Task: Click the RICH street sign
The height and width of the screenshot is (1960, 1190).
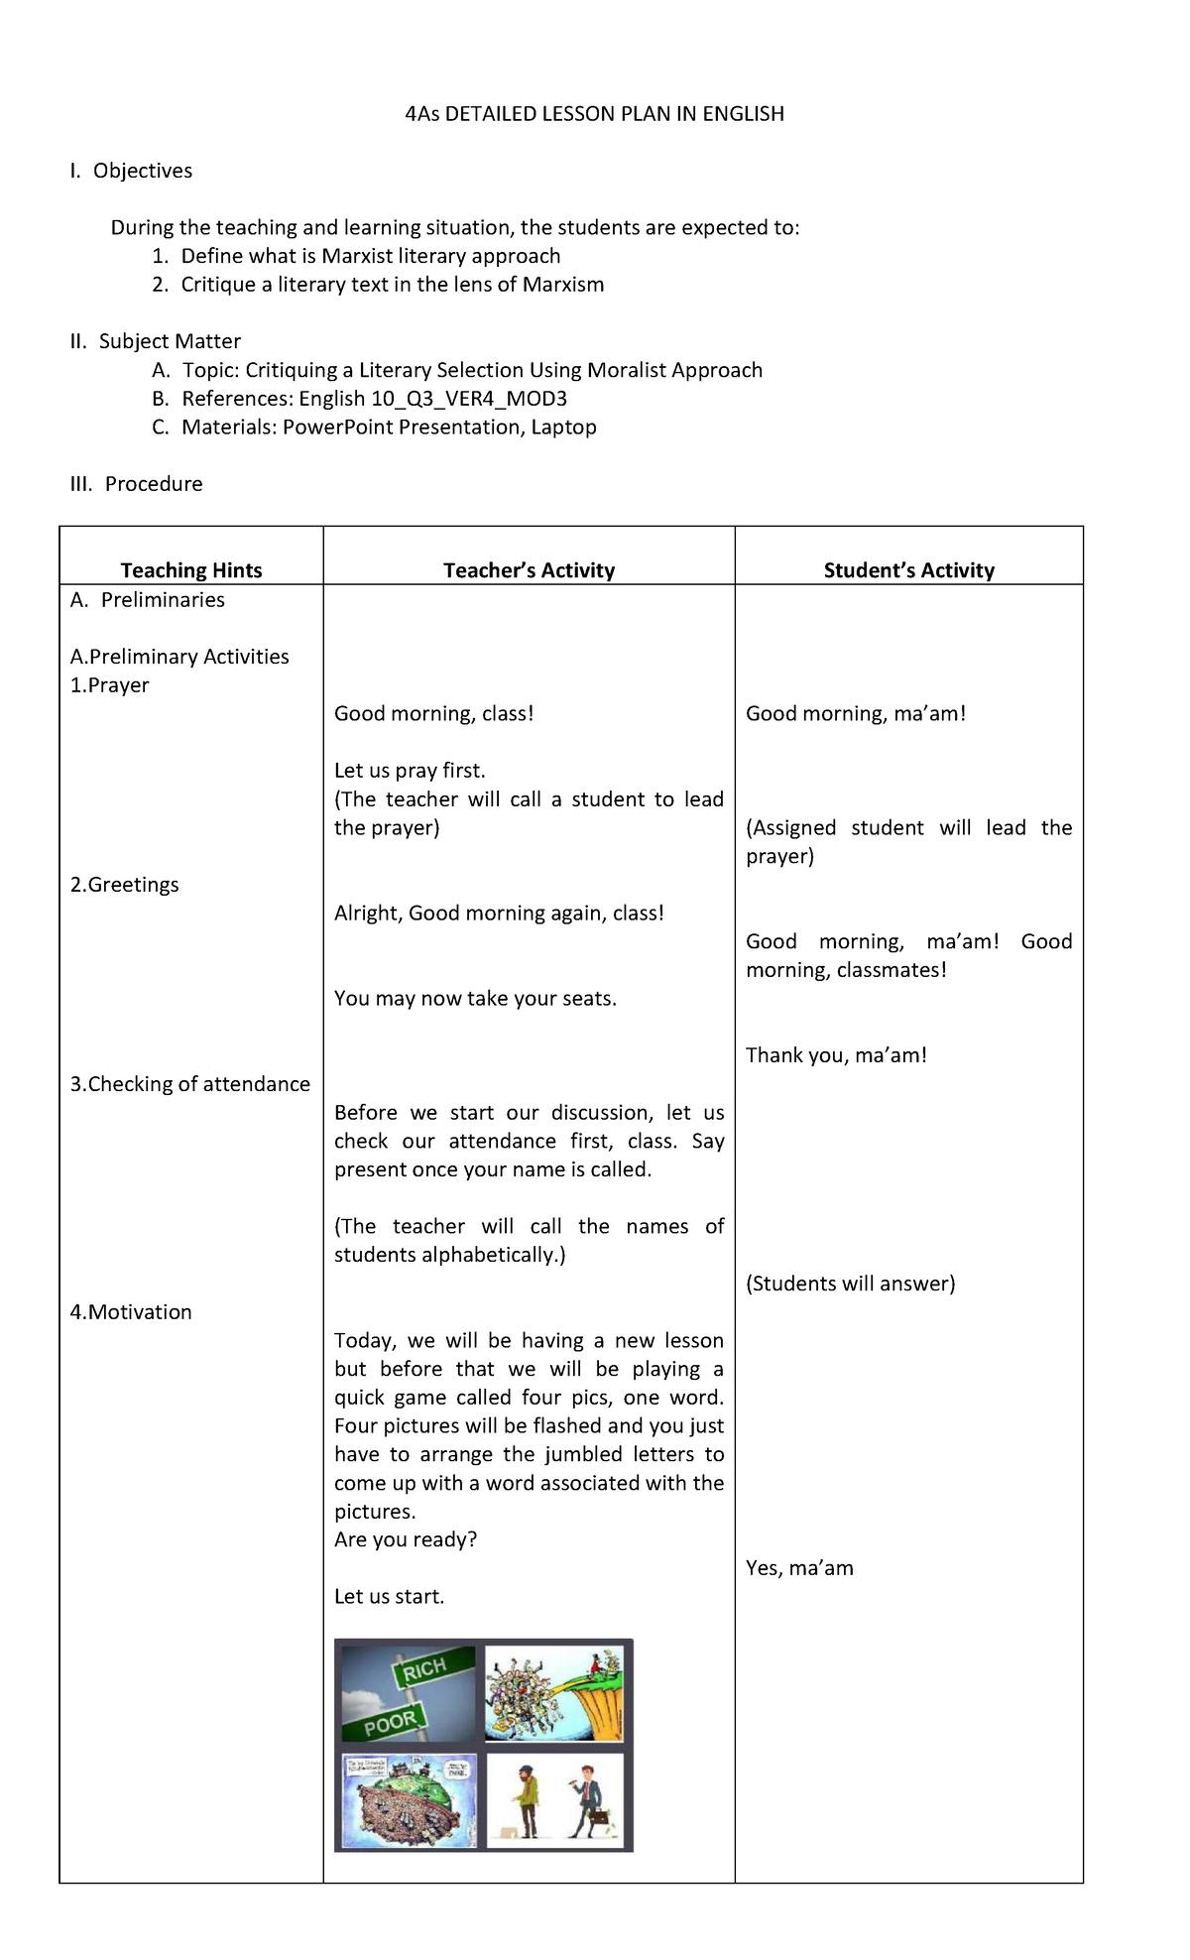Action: [x=423, y=1670]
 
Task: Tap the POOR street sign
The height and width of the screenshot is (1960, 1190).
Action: [x=389, y=1723]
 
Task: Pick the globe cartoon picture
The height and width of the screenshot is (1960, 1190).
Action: [x=409, y=1800]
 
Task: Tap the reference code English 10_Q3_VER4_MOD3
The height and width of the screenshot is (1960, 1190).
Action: [x=432, y=399]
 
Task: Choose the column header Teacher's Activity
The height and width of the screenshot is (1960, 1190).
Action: [x=529, y=570]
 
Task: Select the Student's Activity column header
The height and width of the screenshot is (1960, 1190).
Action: [x=908, y=570]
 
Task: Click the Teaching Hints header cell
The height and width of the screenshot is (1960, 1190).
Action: [x=191, y=570]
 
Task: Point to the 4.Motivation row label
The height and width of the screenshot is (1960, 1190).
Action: [x=131, y=1312]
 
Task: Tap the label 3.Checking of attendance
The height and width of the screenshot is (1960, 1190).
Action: [x=189, y=1084]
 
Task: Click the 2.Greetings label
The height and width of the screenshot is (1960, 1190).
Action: [x=125, y=885]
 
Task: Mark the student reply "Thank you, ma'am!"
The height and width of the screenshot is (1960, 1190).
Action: [x=836, y=1055]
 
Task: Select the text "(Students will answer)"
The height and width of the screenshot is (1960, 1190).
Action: [x=850, y=1284]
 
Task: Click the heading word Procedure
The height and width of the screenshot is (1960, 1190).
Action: [x=154, y=484]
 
